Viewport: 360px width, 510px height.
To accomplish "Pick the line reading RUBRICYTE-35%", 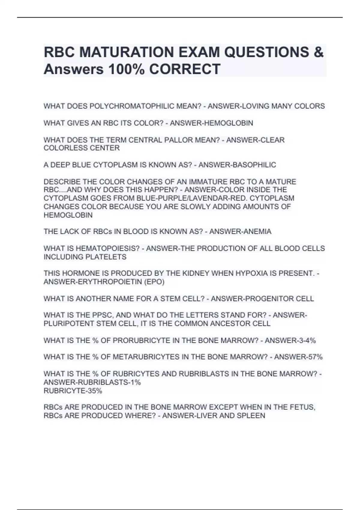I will [x=73, y=391].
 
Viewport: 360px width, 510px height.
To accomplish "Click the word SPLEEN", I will [x=252, y=416].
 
